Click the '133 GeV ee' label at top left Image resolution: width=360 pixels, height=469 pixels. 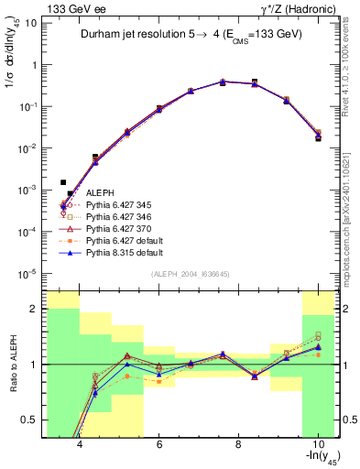tap(71, 8)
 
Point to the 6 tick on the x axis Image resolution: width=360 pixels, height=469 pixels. tap(159, 444)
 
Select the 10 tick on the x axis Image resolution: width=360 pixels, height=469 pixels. tap(317, 444)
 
